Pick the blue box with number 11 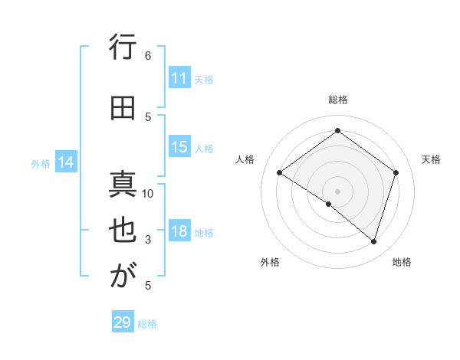pos(179,78)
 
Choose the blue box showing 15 pos(179,147)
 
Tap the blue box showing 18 pos(179,232)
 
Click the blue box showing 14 pos(66,162)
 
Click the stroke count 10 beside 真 pos(148,193)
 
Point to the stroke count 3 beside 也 pos(148,240)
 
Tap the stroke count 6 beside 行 pos(148,55)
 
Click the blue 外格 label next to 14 pos(41,163)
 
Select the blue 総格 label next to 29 pos(148,324)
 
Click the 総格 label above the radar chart pos(337,100)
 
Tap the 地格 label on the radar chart pos(402,262)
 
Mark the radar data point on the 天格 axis pos(396,172)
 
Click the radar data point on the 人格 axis pos(280,173)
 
